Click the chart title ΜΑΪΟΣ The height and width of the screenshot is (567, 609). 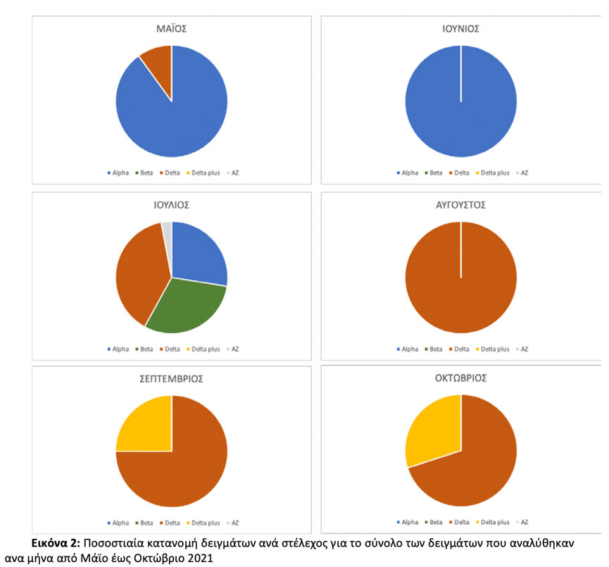[x=171, y=29]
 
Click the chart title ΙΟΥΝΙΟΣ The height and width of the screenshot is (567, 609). [x=460, y=29]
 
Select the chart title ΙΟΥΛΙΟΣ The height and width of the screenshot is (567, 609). [x=171, y=205]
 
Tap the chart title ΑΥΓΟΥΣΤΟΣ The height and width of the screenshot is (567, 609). [x=460, y=205]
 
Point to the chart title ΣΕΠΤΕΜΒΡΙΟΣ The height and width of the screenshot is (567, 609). [x=171, y=378]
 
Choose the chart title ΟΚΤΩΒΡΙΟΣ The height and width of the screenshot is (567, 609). [x=460, y=378]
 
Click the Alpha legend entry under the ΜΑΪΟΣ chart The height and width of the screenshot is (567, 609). [x=118, y=173]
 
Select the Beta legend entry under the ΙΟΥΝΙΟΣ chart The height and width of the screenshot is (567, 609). [x=434, y=173]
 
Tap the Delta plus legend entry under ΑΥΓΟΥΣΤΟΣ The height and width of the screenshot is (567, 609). [x=493, y=349]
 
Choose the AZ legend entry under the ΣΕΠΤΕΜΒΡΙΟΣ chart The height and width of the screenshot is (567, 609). [x=232, y=523]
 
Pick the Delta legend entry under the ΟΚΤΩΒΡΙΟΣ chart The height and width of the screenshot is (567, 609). [x=459, y=523]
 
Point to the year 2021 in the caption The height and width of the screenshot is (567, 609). [x=201, y=559]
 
